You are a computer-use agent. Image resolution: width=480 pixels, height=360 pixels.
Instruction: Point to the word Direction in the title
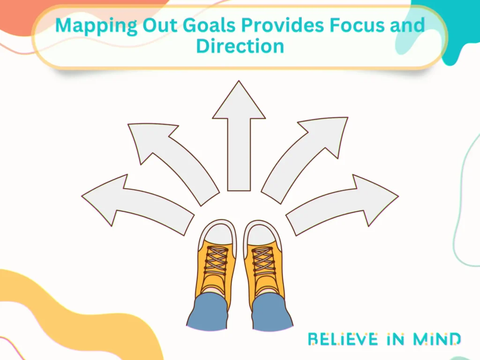[x=240, y=46]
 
